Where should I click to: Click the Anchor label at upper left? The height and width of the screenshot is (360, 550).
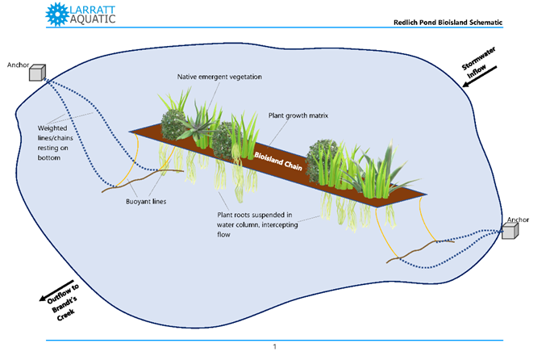[18, 63]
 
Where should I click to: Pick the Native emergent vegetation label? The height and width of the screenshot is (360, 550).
[219, 77]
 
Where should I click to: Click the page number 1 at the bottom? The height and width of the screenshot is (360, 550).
[274, 346]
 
